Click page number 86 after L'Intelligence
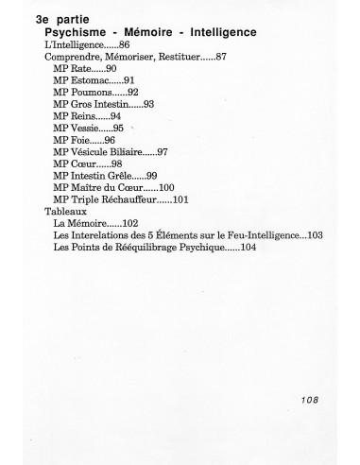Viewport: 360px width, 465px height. [x=125, y=45]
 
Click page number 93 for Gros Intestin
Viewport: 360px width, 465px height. [x=148, y=104]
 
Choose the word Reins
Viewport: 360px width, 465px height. [x=84, y=115]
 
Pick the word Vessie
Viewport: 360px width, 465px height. [x=86, y=128]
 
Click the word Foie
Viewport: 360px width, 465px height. [x=81, y=139]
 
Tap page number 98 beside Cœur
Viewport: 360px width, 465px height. [x=117, y=163]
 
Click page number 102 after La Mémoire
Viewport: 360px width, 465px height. [x=126, y=223]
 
